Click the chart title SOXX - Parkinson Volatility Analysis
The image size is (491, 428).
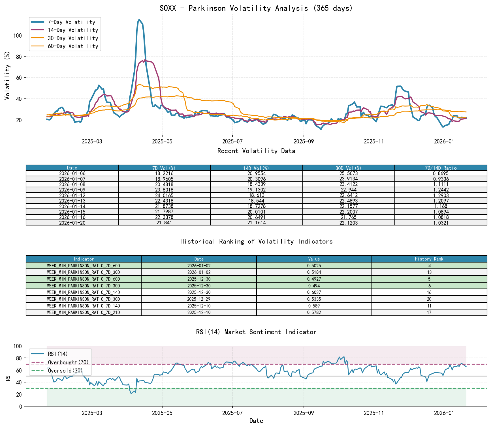point(256,8)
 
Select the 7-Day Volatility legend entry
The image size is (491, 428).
point(71,22)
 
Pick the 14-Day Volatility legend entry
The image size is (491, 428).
point(73,30)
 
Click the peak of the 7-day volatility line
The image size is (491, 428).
point(139,20)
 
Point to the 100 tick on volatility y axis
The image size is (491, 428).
point(18,35)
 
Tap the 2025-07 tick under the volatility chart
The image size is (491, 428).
point(232,141)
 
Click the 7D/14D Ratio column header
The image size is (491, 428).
point(441,168)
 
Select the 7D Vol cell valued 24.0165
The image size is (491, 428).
point(164,195)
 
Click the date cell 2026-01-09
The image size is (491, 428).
point(72,190)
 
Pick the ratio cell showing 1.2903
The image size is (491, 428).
point(441,195)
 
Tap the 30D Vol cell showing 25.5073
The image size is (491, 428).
point(349,173)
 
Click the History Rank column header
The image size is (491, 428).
point(429,259)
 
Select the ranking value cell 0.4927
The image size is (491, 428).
point(314,279)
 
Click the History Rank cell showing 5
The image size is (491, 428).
point(429,279)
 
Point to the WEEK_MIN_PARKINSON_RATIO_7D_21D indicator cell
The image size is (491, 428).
point(84,312)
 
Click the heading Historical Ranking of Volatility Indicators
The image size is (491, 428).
point(256,241)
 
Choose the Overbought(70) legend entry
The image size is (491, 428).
point(68,362)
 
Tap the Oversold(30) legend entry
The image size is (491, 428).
point(65,371)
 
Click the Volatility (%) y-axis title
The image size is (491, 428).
point(7,75)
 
